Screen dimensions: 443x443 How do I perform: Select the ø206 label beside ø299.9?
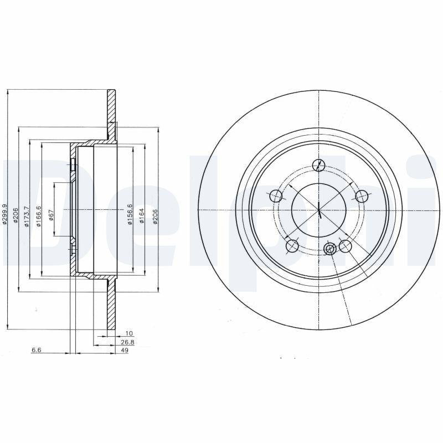click(16, 216)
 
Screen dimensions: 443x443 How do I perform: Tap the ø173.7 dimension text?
click(27, 217)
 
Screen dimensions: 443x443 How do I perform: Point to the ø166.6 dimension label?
click(39, 217)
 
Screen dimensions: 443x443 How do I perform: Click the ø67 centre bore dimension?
click(51, 215)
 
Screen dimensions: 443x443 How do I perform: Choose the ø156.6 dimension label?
click(130, 214)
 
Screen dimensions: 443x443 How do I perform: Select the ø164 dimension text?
click(142, 216)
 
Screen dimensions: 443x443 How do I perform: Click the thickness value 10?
click(129, 334)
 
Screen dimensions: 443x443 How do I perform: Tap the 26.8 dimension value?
click(128, 342)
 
